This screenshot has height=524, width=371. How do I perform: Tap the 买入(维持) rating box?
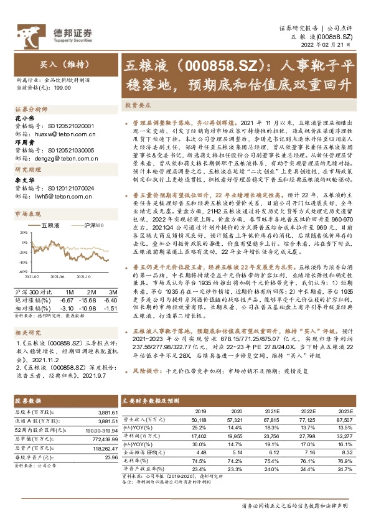(60, 64)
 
